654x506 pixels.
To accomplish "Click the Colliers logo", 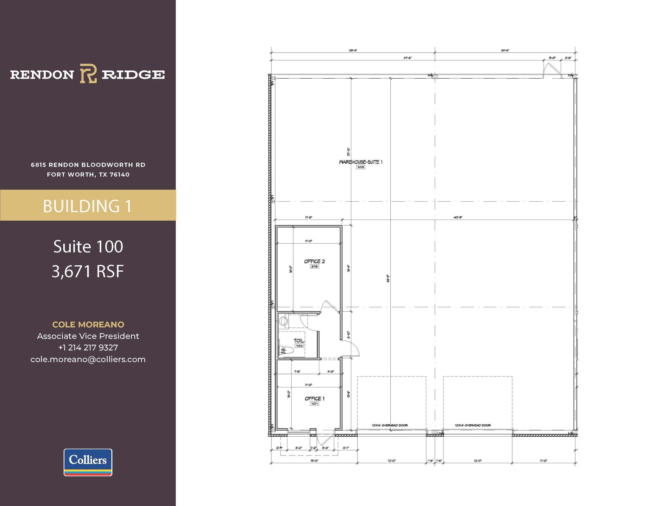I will (x=88, y=462).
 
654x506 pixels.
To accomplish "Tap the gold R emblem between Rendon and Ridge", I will (x=88, y=74).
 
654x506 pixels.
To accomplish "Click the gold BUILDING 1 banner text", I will (x=87, y=206).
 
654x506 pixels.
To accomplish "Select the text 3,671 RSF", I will (x=88, y=271).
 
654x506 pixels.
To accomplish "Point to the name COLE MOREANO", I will (x=88, y=324).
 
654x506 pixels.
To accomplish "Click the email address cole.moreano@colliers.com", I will (x=88, y=359).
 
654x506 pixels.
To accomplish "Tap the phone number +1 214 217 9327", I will (x=88, y=347).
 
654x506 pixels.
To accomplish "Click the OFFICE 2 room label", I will (x=314, y=261).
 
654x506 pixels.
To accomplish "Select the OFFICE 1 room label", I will (x=314, y=398).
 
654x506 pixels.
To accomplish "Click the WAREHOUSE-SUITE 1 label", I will (x=361, y=162).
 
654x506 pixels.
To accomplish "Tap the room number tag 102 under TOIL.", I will (x=299, y=346).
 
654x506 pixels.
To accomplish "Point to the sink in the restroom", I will (x=284, y=321).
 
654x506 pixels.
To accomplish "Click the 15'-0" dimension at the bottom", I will (x=314, y=461).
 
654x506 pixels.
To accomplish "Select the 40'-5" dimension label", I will (x=458, y=217).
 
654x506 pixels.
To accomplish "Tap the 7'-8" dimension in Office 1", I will (x=297, y=371).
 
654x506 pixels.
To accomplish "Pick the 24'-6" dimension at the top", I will (x=505, y=50).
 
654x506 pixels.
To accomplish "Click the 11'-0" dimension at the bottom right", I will (x=543, y=461).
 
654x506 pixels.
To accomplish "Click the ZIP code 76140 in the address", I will (x=119, y=175).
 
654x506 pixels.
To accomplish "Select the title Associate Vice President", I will (x=88, y=336).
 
